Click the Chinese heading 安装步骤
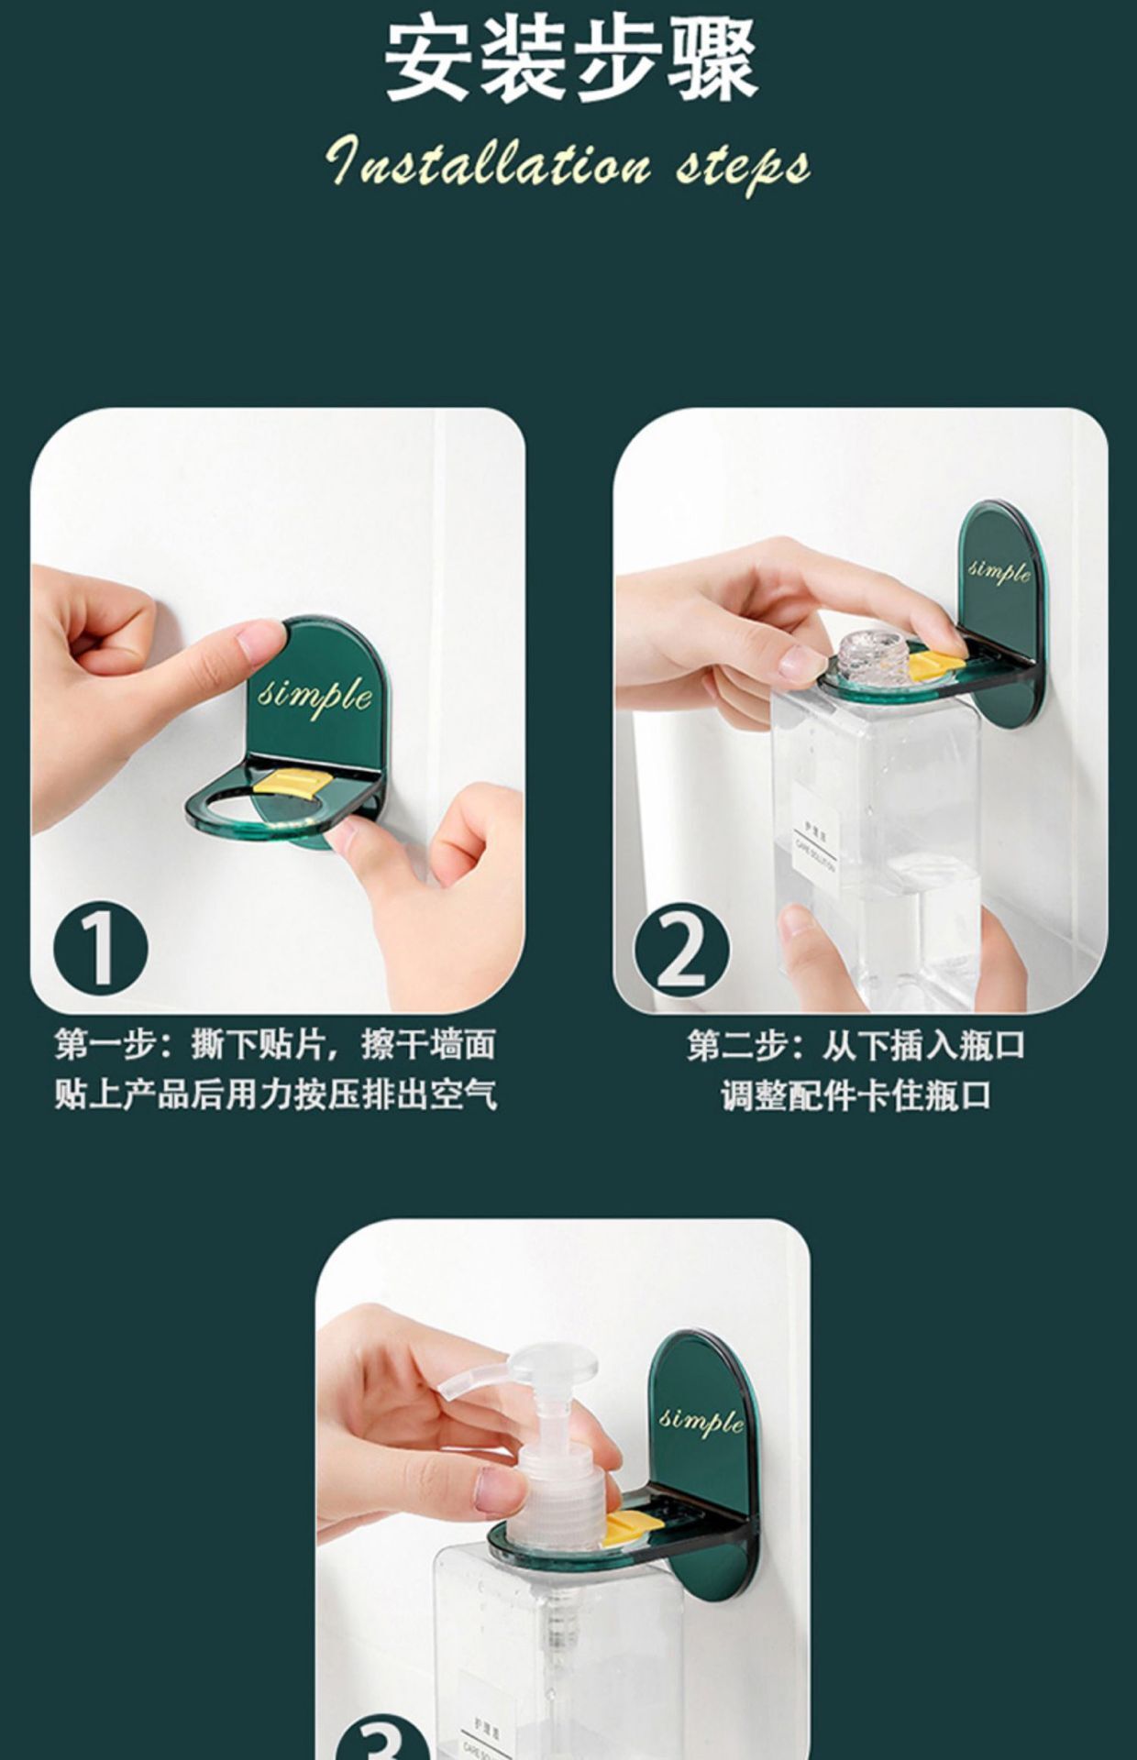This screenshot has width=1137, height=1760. coord(569,62)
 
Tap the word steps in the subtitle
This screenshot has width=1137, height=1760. coord(743,166)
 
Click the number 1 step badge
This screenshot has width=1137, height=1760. coord(100,947)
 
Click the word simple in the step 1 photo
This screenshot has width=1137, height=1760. coord(315,695)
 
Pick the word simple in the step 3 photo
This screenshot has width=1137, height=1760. coord(701,1420)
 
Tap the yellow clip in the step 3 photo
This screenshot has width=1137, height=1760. coord(631,1524)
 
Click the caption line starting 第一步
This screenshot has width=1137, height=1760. coord(275,1044)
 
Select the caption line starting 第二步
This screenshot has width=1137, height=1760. coord(856,1045)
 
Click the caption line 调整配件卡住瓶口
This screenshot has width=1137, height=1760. coord(856,1094)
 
